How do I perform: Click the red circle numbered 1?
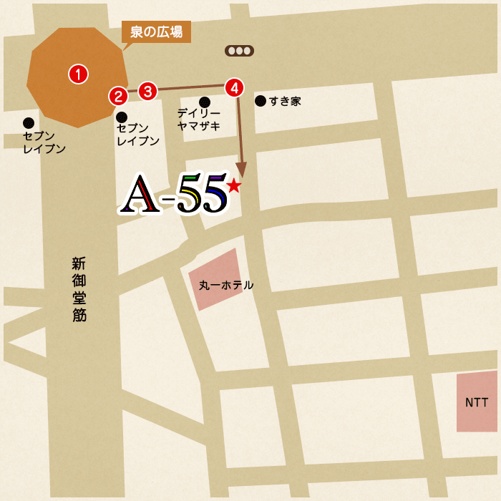[77, 73]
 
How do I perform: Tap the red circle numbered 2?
[118, 96]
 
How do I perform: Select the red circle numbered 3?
[147, 91]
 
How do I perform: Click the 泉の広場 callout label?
[156, 31]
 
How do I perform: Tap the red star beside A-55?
[233, 186]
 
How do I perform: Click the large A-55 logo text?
[175, 194]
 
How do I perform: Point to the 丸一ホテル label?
[225, 285]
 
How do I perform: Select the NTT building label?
[477, 402]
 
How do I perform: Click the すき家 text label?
[285, 102]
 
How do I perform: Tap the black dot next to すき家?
[260, 101]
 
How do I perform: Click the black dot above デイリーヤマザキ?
[205, 102]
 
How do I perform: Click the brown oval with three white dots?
[239, 51]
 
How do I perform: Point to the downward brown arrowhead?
[243, 170]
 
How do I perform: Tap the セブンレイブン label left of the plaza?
[44, 142]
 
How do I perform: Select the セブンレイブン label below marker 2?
[137, 135]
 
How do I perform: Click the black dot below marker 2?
[122, 117]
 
